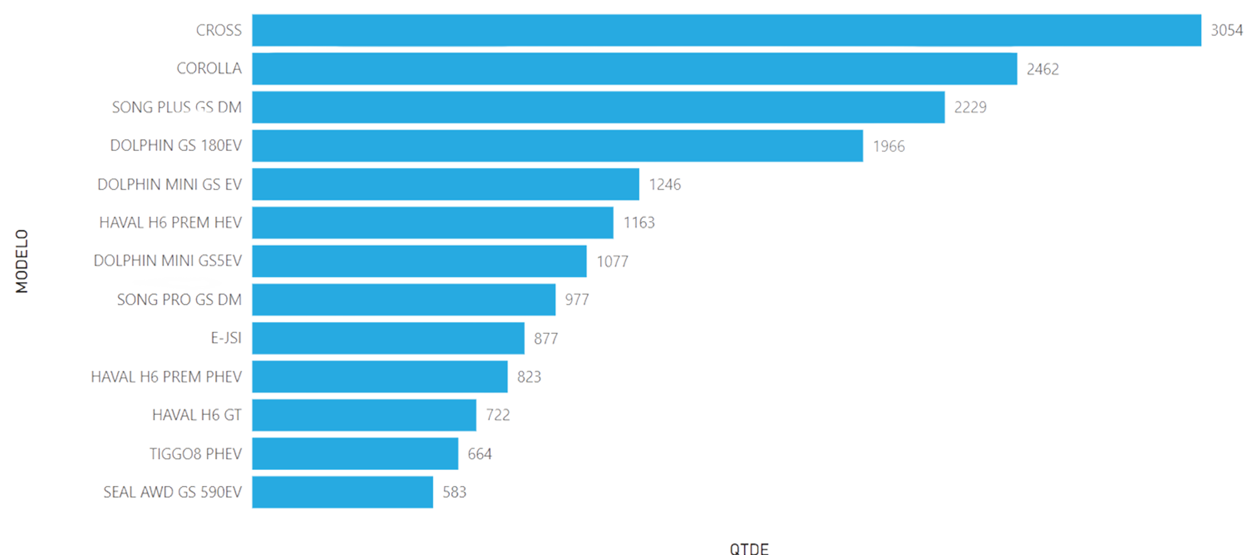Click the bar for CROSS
pyautogui.click(x=726, y=30)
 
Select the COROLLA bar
pyautogui.click(x=634, y=69)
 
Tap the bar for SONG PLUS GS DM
pyautogui.click(x=598, y=107)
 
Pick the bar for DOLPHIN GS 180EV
pyautogui.click(x=557, y=146)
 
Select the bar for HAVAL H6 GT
pyautogui.click(x=364, y=415)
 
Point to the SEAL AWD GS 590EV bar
pyautogui.click(x=342, y=492)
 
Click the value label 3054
pyautogui.click(x=1226, y=30)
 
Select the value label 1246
pyautogui.click(x=665, y=184)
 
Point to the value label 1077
pyautogui.click(x=612, y=262)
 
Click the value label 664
pyautogui.click(x=479, y=454)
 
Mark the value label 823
pyautogui.click(x=529, y=376)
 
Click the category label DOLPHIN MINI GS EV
pyautogui.click(x=169, y=184)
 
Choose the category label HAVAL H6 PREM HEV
pyautogui.click(x=171, y=223)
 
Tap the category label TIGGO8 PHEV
pyautogui.click(x=195, y=454)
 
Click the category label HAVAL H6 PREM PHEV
pyautogui.click(x=166, y=376)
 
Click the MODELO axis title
pyautogui.click(x=22, y=261)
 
